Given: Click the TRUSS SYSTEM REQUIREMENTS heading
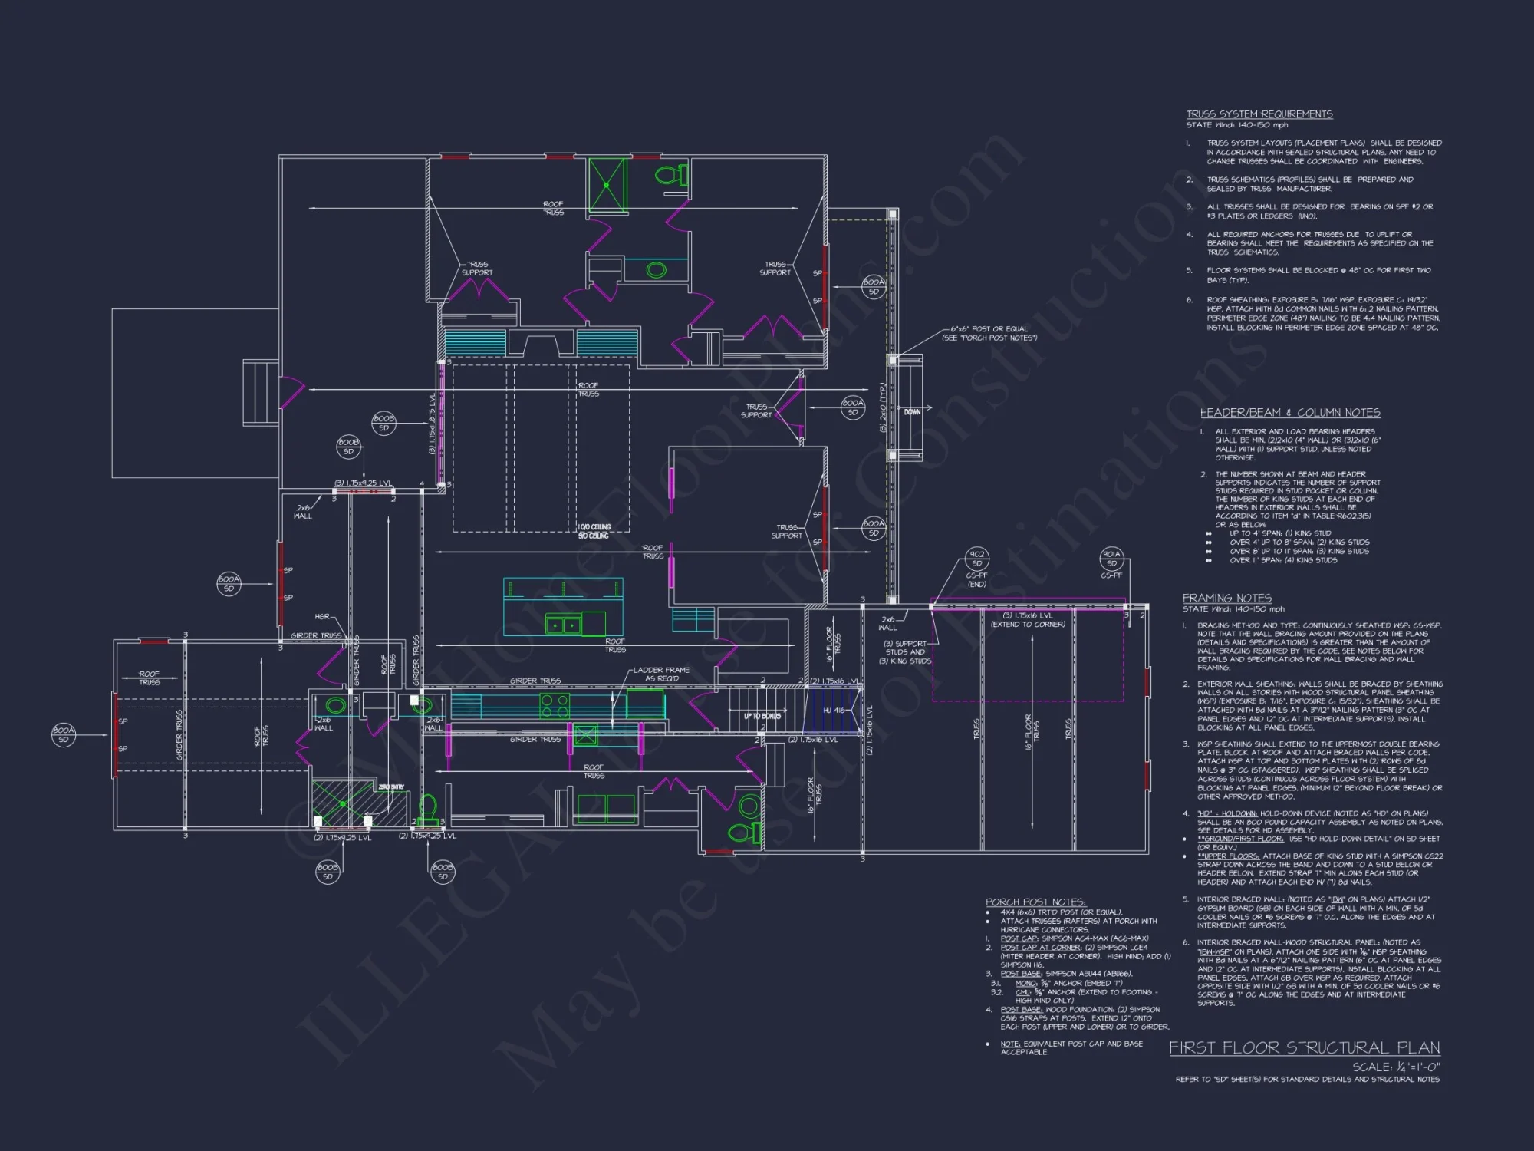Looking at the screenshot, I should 1259,114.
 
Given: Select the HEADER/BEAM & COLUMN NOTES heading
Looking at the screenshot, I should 1290,413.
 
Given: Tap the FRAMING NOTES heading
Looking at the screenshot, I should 1226,598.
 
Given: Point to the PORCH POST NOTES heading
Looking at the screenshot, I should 1035,902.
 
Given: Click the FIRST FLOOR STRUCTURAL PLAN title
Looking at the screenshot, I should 1304,1047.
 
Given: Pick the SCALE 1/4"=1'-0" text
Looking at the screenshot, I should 1396,1067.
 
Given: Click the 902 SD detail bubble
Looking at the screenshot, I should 976,558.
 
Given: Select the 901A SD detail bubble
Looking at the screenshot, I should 1111,558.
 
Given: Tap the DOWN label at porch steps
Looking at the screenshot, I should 912,412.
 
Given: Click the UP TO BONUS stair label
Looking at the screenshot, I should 762,716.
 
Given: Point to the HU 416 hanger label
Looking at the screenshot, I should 833,711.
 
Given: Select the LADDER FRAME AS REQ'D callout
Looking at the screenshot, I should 660,674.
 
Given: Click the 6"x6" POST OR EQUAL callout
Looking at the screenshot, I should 989,333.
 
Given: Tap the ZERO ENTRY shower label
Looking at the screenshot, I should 390,787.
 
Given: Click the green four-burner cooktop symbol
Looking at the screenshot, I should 554,705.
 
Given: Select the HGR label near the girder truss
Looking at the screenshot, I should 322,616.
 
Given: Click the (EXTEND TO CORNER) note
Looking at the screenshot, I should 1028,625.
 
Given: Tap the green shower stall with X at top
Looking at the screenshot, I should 607,184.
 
